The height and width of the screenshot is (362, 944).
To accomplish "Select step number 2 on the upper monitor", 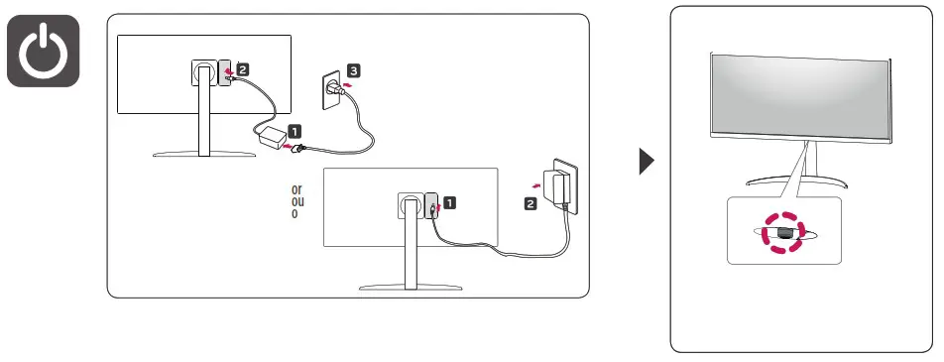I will coord(243,71).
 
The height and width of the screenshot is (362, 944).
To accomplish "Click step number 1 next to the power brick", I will coord(295,130).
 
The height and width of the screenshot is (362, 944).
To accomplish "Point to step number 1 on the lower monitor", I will coord(449,203).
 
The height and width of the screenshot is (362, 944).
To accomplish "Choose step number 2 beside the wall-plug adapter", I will coord(531,203).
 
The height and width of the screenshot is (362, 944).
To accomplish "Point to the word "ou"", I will coord(295,200).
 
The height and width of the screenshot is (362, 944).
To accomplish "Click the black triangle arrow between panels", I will coord(647,162).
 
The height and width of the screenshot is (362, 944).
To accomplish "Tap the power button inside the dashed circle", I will coord(783,233).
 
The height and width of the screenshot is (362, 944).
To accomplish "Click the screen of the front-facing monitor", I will coord(802,94).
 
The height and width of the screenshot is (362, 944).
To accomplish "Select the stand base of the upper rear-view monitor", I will coord(203,155).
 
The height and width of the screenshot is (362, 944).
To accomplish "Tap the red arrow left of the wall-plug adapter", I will coord(535,184).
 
